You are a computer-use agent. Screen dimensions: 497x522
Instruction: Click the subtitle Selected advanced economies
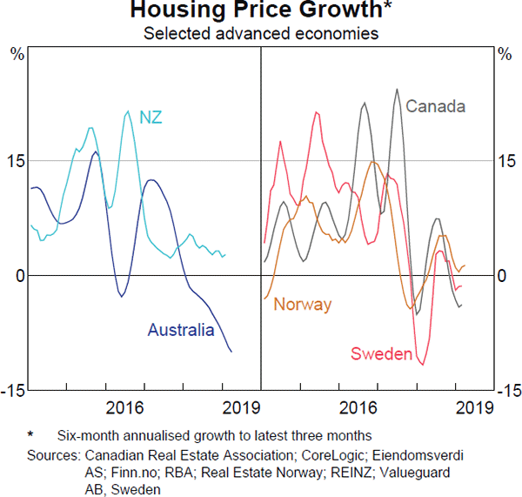260,34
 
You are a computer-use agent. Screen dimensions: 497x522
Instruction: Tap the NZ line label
151,118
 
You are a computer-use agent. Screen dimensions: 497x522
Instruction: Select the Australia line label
180,330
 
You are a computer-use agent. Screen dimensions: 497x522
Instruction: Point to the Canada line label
436,107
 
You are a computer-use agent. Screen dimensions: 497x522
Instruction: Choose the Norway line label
303,305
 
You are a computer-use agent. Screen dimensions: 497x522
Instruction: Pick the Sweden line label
380,353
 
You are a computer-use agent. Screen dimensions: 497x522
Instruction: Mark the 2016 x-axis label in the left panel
124,407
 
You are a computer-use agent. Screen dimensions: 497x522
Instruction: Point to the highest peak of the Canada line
397,89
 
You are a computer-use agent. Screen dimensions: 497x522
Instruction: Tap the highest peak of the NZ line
128,111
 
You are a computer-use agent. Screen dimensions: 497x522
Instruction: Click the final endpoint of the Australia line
231,352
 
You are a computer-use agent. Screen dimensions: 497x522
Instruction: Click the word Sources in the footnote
53,455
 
